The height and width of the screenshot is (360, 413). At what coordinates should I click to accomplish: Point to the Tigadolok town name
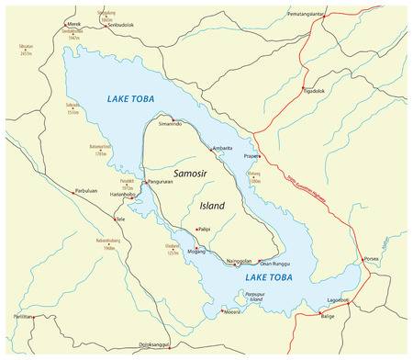314,91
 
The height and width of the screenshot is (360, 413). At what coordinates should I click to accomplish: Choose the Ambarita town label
222,148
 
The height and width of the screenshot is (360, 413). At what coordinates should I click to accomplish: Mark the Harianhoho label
123,194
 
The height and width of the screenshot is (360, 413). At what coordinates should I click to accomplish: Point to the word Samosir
195,172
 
